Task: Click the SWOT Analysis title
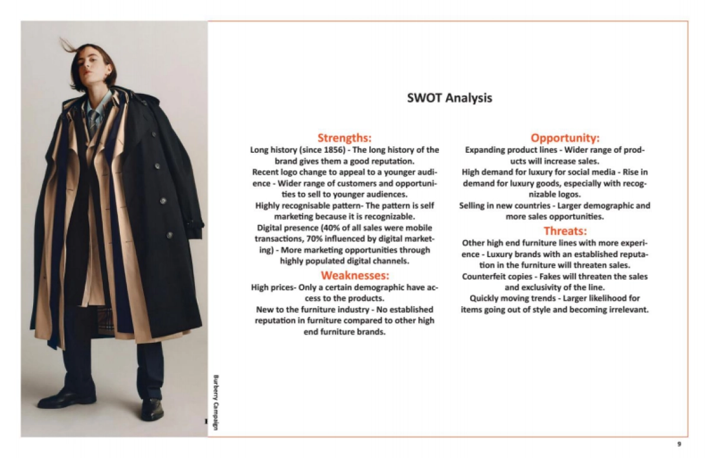coord(449,98)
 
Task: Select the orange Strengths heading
coord(344,138)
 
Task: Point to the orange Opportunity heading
coord(565,138)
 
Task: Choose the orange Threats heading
coord(565,231)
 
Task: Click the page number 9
coord(679,444)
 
